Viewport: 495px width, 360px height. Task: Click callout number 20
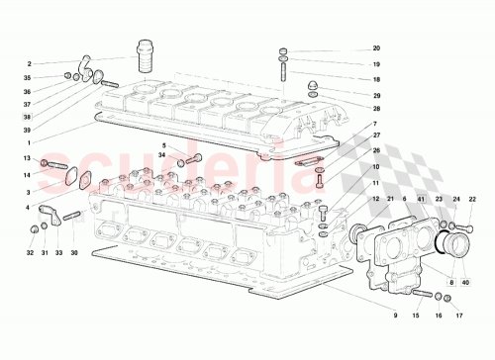pyautogui.click(x=376, y=48)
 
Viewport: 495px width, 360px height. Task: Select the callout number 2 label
pyautogui.click(x=30, y=64)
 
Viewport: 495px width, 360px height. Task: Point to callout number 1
pyautogui.click(x=29, y=142)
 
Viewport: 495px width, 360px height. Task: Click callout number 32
pyautogui.click(x=31, y=253)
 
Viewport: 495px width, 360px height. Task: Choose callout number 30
pyautogui.click(x=73, y=253)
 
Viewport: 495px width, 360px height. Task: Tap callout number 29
pyautogui.click(x=376, y=95)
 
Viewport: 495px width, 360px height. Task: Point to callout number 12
pyautogui.click(x=376, y=200)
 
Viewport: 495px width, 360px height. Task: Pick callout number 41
pyautogui.click(x=421, y=200)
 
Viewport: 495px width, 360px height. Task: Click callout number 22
pyautogui.click(x=472, y=200)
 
